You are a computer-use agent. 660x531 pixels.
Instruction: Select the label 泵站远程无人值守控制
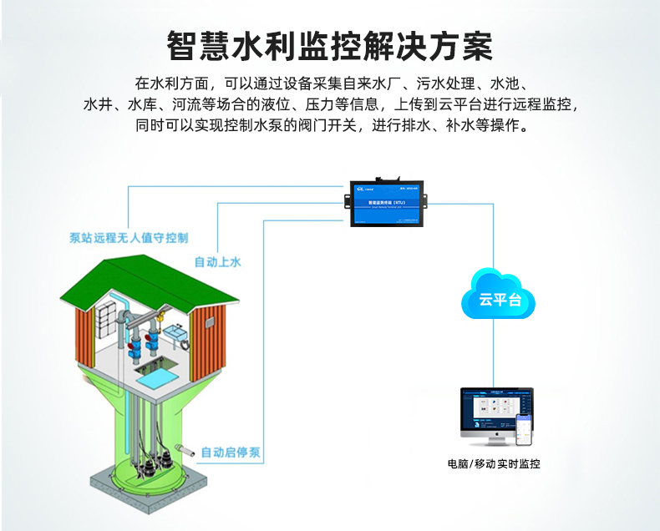(129, 238)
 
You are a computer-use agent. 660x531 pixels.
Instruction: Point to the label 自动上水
(217, 262)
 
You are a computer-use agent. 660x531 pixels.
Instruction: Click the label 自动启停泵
(231, 453)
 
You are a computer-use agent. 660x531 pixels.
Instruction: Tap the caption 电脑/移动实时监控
(494, 463)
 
